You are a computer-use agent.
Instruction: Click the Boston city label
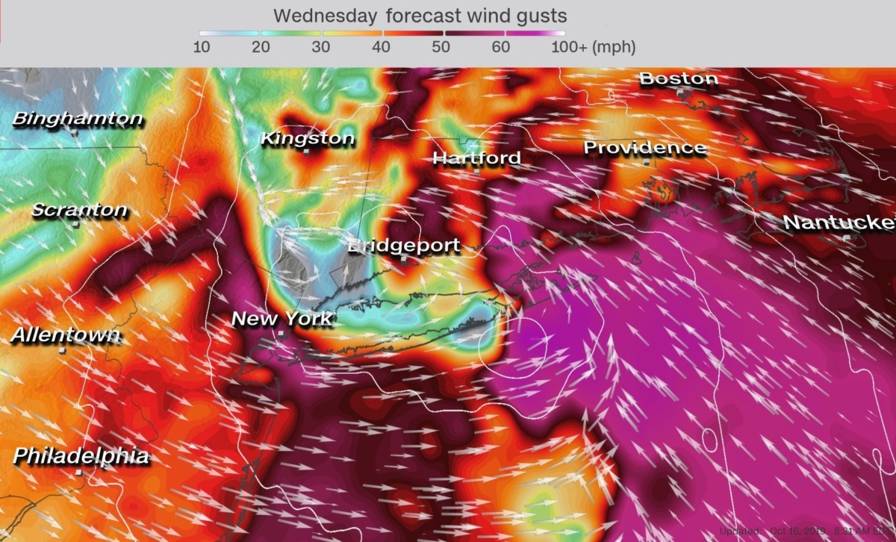click(679, 78)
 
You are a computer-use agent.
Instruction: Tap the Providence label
click(644, 148)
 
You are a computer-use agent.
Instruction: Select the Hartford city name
click(476, 158)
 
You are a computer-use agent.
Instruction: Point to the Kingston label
click(307, 139)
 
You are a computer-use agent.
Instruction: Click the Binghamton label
click(78, 119)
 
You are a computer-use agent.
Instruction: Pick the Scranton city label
click(79, 211)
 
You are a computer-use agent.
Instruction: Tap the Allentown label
click(66, 335)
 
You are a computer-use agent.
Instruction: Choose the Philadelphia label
click(81, 455)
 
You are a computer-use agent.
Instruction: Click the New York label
click(281, 319)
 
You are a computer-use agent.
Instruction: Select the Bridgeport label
click(404, 246)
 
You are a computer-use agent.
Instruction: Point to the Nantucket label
click(838, 222)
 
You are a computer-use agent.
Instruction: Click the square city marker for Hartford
click(476, 171)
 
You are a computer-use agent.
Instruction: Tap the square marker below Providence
click(647, 162)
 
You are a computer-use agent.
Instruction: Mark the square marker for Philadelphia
click(79, 473)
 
